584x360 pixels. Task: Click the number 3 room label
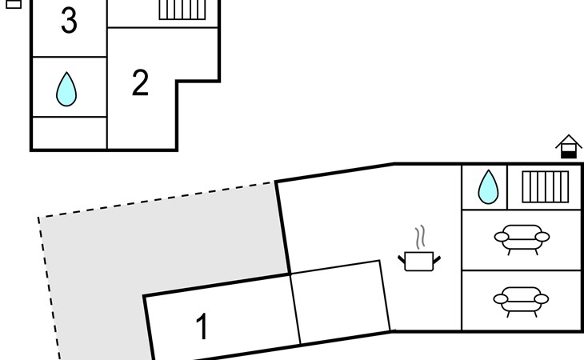point(70,21)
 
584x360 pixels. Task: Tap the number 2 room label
point(141,83)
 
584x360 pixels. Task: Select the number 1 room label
point(202,326)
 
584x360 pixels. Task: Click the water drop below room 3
point(66,90)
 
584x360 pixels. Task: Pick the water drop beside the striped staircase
point(488,187)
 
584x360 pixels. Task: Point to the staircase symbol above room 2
point(182,10)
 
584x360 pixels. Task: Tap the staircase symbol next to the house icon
point(546,187)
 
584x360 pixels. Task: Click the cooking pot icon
point(419,261)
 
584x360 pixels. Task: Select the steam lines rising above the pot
point(420,237)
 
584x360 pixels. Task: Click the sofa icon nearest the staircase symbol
point(522,238)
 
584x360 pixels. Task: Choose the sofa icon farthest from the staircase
point(521,301)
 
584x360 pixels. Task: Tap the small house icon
point(568,146)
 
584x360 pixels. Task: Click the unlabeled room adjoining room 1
point(341,302)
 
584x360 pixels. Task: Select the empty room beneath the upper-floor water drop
point(70,133)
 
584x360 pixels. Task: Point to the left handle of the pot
point(402,259)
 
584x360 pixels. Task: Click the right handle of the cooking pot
point(437,259)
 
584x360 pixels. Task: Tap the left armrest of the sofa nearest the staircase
point(502,237)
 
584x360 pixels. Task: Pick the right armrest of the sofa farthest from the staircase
point(542,299)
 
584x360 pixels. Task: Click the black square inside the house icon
point(569,154)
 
